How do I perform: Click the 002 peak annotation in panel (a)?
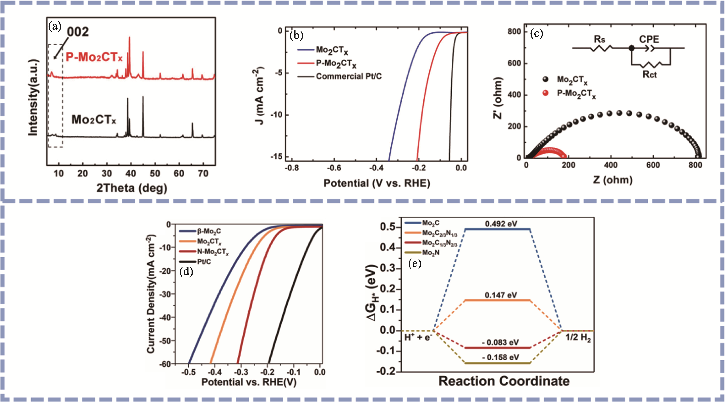coord(78,32)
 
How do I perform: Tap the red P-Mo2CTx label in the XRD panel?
coord(94,57)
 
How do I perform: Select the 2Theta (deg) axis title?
coord(131,188)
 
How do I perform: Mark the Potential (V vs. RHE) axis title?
coord(377,183)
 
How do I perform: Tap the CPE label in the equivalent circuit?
coord(649,39)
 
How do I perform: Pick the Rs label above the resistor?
coord(599,39)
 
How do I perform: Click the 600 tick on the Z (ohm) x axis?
coord(653,165)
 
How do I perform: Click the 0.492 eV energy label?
coord(501,224)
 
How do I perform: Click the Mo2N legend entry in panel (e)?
coord(431,253)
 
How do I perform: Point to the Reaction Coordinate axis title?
coord(504,381)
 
